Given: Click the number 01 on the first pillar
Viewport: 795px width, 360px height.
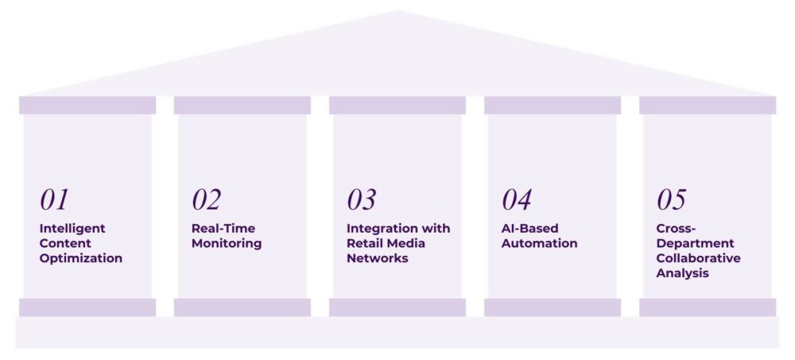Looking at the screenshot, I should (x=55, y=200).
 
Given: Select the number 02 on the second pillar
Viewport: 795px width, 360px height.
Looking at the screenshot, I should (x=206, y=200).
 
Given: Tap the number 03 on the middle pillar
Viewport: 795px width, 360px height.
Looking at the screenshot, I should (x=362, y=200).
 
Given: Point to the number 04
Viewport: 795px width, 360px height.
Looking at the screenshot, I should (x=517, y=200).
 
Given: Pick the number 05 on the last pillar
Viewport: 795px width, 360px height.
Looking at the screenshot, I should (x=672, y=200).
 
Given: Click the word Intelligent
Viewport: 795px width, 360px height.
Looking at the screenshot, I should (x=72, y=229).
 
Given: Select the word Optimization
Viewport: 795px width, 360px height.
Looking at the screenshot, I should (x=81, y=258).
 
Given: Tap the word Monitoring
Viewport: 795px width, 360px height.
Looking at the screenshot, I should (x=227, y=244).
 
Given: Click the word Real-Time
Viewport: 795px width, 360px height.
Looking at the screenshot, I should (x=223, y=229).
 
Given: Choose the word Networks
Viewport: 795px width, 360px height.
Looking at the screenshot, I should (x=378, y=258).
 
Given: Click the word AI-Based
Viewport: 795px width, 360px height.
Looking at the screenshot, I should (x=530, y=229).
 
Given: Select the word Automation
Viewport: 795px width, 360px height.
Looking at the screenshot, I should (x=539, y=244).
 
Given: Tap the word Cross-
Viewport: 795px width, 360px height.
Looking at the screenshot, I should (x=675, y=229).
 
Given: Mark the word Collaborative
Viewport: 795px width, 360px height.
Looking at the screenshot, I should (x=698, y=258).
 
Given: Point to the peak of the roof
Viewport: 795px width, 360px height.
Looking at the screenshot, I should (x=397, y=13).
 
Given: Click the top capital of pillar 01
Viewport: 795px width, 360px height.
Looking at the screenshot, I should (x=87, y=105).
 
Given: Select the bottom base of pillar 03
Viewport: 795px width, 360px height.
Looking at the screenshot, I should (x=397, y=308).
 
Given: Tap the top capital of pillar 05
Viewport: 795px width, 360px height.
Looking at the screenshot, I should (x=708, y=105).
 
